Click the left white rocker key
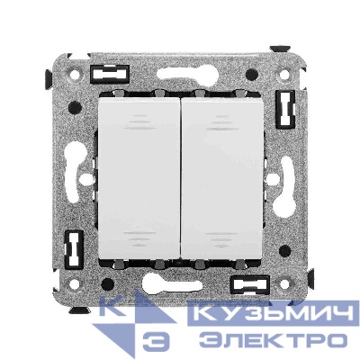click(139, 179)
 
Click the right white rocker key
click(222, 179)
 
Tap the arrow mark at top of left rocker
click(141, 122)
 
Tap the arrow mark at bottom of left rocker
click(139, 239)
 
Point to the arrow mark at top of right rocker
click(222, 122)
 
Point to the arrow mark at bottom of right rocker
click(222, 239)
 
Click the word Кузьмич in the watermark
click(274, 313)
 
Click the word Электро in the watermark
click(274, 341)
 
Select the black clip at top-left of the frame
click(109, 74)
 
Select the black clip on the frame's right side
click(285, 109)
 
